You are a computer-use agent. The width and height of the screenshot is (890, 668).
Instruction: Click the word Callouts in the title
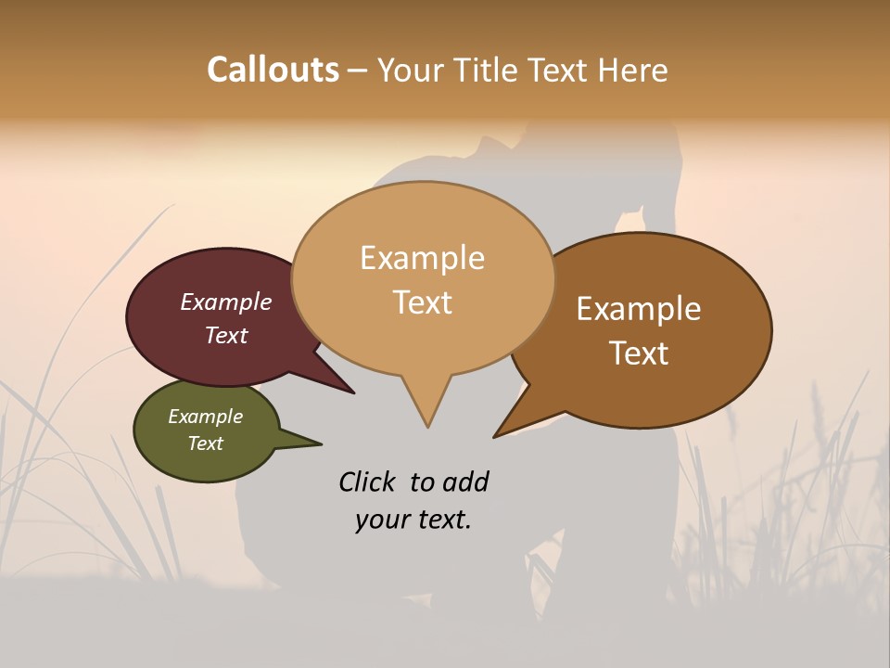[273, 70]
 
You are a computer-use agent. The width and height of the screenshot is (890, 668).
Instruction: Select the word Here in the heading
[630, 71]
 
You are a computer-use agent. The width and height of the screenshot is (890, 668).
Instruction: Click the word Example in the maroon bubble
[226, 302]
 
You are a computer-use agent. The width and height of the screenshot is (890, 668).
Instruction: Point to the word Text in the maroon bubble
[226, 335]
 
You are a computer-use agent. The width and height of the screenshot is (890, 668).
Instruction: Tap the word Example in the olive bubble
[205, 417]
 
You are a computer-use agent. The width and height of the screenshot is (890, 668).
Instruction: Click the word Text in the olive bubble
[205, 443]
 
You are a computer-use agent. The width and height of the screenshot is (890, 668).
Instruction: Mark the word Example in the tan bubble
[422, 258]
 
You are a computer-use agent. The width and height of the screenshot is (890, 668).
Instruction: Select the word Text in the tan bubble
[422, 302]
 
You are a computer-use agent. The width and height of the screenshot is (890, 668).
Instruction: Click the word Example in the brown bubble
[639, 309]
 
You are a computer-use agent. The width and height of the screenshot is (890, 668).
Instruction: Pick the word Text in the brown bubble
[639, 353]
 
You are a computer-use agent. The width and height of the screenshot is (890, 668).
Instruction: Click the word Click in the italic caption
[369, 482]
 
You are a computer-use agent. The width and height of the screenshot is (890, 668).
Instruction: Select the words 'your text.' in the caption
[413, 520]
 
